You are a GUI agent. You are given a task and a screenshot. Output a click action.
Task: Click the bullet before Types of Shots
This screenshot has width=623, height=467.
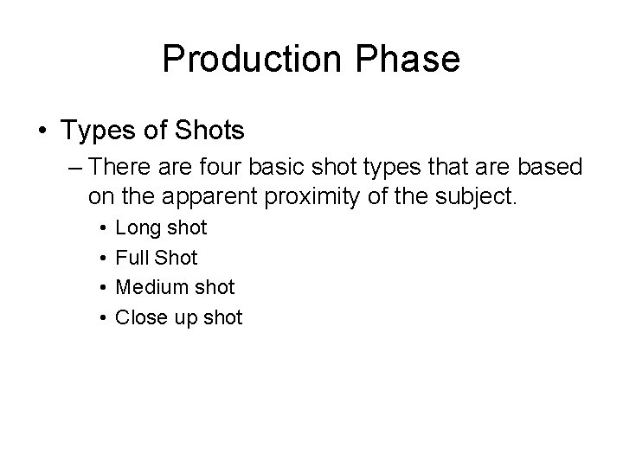(42, 131)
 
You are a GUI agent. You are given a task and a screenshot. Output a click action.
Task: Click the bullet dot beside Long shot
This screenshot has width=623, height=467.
(102, 229)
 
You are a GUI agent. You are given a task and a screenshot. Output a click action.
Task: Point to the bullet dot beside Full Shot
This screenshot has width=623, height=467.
(102, 259)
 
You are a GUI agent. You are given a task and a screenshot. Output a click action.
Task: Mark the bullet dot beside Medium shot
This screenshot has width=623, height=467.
(102, 288)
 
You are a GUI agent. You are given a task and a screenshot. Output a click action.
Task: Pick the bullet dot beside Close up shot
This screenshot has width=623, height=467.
(102, 317)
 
